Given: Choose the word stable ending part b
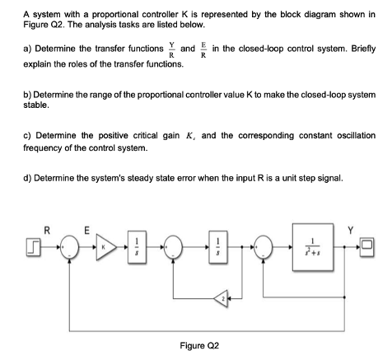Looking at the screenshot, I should [x=37, y=105].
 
